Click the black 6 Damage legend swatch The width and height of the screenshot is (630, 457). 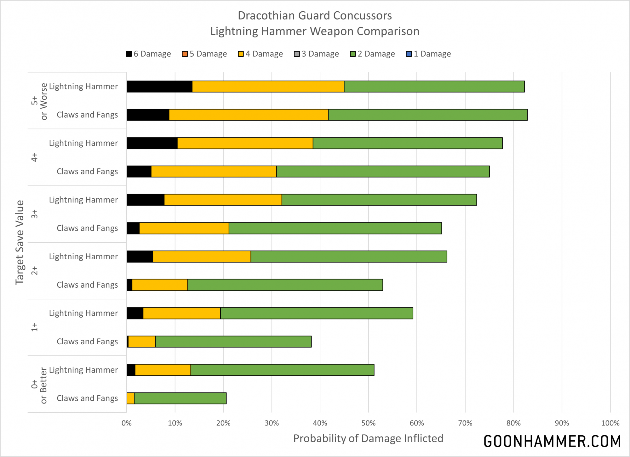[x=129, y=54]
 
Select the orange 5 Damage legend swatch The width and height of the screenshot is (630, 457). [x=185, y=54]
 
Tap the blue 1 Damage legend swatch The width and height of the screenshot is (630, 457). [x=409, y=54]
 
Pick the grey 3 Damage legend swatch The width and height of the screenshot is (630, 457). [x=297, y=54]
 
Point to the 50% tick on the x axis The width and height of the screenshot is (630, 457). [x=368, y=423]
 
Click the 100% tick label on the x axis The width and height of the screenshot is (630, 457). [x=610, y=423]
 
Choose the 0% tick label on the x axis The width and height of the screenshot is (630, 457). [x=127, y=423]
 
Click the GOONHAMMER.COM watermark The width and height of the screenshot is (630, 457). [x=552, y=441]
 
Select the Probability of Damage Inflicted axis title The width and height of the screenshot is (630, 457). [x=368, y=438]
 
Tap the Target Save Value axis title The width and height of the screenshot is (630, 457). [x=20, y=242]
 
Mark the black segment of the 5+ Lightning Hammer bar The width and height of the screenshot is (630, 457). [x=159, y=87]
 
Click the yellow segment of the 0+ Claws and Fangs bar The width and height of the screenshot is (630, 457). [x=130, y=398]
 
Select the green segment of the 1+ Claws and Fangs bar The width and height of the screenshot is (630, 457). [x=233, y=341]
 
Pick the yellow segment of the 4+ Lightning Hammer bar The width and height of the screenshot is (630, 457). [x=245, y=143]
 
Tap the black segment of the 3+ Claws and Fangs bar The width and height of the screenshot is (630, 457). [x=133, y=228]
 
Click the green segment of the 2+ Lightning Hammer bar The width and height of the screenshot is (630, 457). [x=349, y=257]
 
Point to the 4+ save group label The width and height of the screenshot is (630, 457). [x=34, y=157]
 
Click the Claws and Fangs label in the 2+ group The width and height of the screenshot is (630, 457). [x=87, y=285]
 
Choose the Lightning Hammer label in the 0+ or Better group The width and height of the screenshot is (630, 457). [x=83, y=370]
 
